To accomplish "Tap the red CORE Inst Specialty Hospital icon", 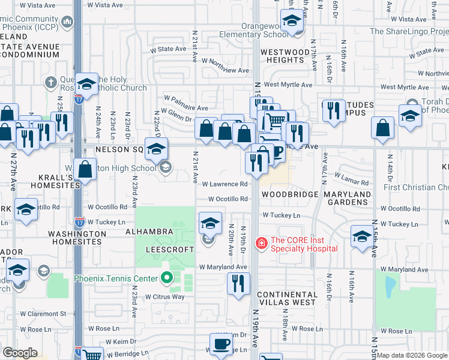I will coord(262,243).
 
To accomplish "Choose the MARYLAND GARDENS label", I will coord(348,199).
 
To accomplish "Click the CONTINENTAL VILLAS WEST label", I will coord(287,298).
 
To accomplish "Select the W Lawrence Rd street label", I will coord(225,184).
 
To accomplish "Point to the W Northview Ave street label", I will coord(225,70).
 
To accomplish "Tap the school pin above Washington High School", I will coord(157,148).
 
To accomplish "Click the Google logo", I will coord(20,353).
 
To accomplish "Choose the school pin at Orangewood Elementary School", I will coord(292,22).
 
